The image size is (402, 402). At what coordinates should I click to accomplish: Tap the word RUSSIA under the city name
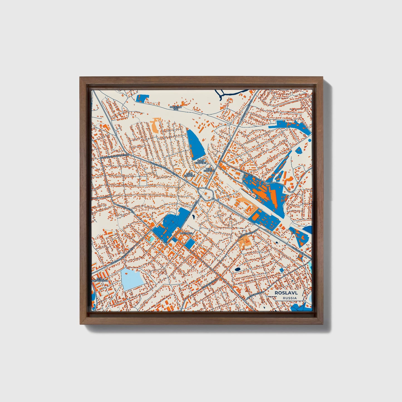pos(289,298)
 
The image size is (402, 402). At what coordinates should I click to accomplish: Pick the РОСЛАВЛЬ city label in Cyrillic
pos(186,233)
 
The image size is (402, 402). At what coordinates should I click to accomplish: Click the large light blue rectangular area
pos(132,278)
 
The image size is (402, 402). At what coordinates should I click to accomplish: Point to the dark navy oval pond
pos(238,269)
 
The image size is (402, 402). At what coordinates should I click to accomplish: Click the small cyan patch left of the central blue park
pos(151,238)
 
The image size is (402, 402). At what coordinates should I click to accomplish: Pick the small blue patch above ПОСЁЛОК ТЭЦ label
pos(143,98)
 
